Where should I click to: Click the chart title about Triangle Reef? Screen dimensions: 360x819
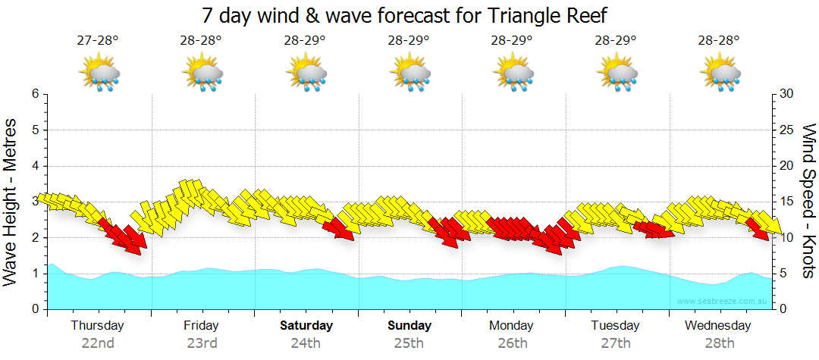(405, 15)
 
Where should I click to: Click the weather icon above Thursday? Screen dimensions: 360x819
(99, 73)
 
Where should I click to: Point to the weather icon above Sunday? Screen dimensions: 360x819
(410, 73)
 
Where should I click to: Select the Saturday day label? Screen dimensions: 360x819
(306, 326)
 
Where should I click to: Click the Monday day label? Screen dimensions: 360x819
(513, 326)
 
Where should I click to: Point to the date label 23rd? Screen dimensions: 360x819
(202, 343)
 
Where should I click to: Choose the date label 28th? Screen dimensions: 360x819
(720, 343)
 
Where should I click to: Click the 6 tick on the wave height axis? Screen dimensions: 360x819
(35, 94)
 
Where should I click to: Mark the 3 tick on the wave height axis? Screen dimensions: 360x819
(35, 202)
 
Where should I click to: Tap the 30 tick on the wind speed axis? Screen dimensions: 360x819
(786, 94)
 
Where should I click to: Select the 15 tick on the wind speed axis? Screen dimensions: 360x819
(786, 202)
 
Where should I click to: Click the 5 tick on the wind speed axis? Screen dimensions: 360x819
(783, 274)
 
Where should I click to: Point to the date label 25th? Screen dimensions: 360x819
(409, 343)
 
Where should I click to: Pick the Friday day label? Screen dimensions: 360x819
(201, 326)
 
